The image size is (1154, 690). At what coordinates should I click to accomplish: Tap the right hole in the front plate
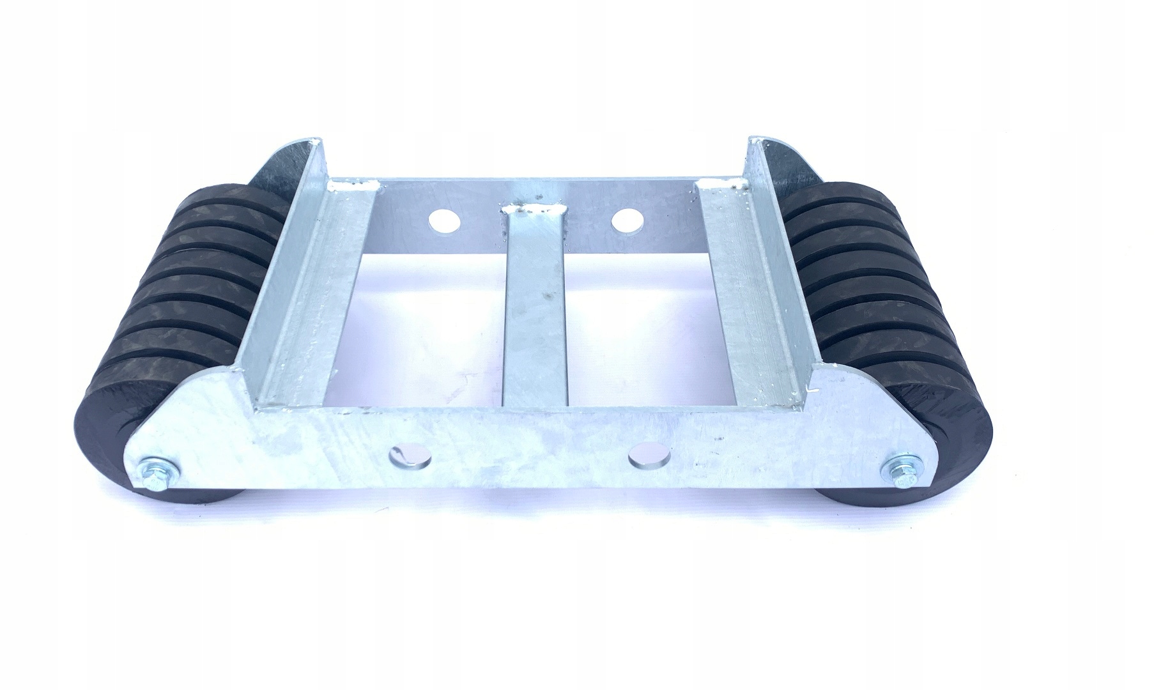click(648, 454)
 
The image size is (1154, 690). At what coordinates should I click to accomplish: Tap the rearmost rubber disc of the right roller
click(824, 192)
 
